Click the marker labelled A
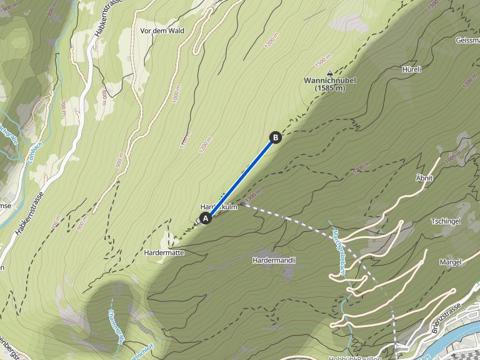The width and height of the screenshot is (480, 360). pos(205,218)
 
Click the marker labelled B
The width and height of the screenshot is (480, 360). pos(275,137)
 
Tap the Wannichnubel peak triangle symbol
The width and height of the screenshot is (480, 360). pos(329,72)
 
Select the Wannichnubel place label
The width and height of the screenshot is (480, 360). pos(330,81)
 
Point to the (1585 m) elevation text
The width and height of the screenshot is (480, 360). pos(330,89)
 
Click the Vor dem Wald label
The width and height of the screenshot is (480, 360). pos(162,30)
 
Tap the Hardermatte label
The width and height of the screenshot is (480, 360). pos(163,252)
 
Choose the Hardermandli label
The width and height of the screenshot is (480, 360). pos(274,259)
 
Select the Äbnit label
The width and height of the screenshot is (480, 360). pos(424,178)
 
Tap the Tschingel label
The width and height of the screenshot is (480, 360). pos(446,222)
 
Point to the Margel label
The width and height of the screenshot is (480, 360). pos(450,262)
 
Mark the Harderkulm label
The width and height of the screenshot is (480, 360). pos(219,207)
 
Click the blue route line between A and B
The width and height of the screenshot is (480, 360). pos(240,177)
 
